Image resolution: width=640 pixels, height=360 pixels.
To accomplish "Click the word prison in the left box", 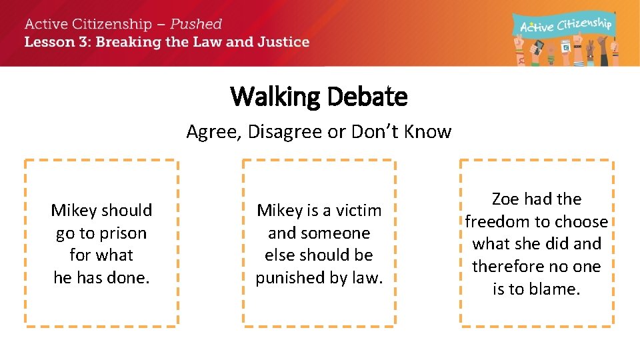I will tap(119, 233).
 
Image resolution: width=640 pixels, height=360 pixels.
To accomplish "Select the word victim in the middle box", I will tap(355, 211).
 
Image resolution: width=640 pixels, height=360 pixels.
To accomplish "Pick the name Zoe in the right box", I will tap(505, 199).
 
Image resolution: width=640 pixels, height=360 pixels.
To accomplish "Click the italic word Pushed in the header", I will tap(196, 24).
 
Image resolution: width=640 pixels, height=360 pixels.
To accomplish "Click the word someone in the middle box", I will tap(319, 233).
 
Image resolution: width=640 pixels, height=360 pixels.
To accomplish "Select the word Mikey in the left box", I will tap(74, 211).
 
